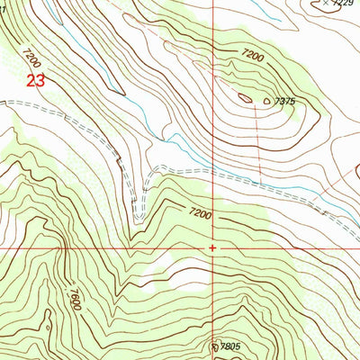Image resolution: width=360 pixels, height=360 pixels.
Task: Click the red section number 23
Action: coord(35,81)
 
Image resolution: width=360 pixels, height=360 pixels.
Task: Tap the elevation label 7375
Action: coord(287,102)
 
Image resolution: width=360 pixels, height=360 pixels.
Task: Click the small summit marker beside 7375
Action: coord(267,100)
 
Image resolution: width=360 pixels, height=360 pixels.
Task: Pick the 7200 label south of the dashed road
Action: coord(199,214)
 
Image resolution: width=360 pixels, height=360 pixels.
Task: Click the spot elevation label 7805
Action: coord(229,346)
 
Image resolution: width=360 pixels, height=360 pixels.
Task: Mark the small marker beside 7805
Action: coord(214,344)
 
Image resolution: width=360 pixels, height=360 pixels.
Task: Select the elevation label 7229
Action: coord(341,5)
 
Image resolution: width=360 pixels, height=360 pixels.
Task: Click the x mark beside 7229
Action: coord(325,4)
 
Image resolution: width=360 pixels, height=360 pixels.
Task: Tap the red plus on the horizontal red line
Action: coord(212,247)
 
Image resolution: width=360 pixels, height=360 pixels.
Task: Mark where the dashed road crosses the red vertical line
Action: coord(213,173)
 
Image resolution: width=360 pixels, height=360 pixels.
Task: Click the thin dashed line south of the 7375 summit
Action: coord(258,144)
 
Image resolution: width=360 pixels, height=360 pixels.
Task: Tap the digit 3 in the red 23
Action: coord(40,81)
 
